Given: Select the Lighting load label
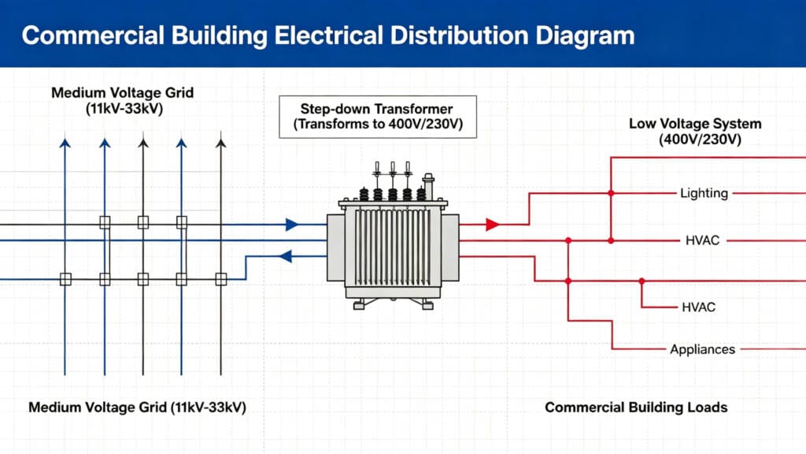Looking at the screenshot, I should click(x=704, y=193).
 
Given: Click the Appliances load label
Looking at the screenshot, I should click(x=702, y=349).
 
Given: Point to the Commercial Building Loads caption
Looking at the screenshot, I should click(x=636, y=407).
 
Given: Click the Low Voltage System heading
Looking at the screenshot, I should click(x=695, y=132).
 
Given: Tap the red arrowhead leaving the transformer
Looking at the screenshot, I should click(x=493, y=225).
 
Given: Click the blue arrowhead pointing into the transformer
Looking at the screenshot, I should click(x=292, y=225).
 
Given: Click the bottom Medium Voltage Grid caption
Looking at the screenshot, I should click(x=142, y=407).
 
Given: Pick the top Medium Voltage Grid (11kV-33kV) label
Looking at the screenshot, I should click(x=122, y=101).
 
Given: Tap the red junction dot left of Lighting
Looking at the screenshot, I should click(x=611, y=193).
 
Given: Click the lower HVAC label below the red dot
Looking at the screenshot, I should click(x=698, y=307).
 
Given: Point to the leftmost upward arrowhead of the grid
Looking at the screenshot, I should click(x=65, y=143).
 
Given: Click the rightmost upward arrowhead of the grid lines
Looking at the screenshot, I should click(x=221, y=143).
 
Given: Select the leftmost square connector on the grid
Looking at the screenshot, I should click(x=65, y=279).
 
